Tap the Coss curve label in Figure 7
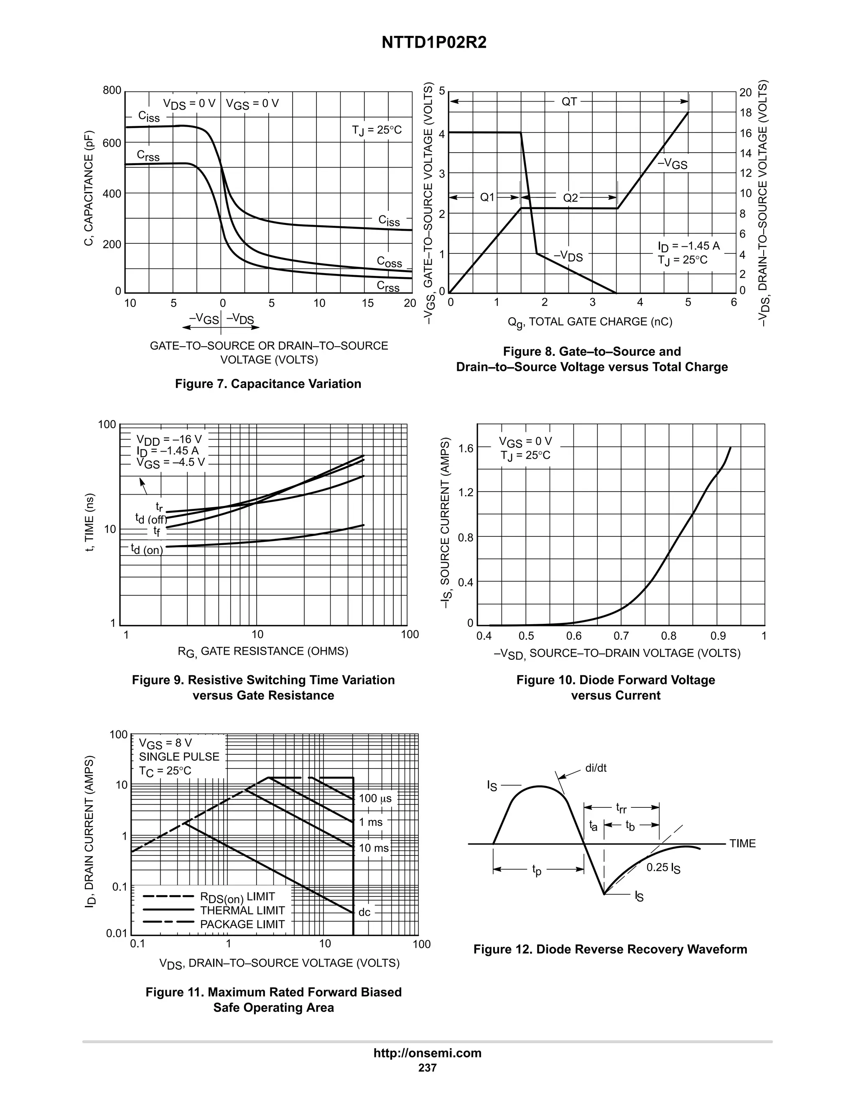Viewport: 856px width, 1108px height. coord(389,261)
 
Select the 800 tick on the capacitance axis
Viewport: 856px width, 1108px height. coord(112,90)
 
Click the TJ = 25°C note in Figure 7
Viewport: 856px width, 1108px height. coord(376,130)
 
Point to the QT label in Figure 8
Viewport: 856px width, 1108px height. coord(569,102)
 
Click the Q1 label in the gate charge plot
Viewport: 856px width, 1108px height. coord(487,197)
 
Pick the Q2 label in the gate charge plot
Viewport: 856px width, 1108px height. coord(571,197)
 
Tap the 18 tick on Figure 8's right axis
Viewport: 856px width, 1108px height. coord(746,112)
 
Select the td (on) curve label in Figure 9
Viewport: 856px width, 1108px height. coord(147,549)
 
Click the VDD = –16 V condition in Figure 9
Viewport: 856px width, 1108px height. coord(169,439)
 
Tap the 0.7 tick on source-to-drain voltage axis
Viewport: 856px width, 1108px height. coord(621,636)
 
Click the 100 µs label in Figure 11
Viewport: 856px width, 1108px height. coord(375,799)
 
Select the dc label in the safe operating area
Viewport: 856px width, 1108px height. coord(364,912)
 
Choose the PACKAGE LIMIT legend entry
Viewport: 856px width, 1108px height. coord(242,924)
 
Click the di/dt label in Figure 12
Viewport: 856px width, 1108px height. coord(596,768)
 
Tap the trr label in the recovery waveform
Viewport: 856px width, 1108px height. coord(621,807)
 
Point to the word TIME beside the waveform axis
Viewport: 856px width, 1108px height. coord(742,843)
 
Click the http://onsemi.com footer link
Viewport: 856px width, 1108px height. coord(428,1053)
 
